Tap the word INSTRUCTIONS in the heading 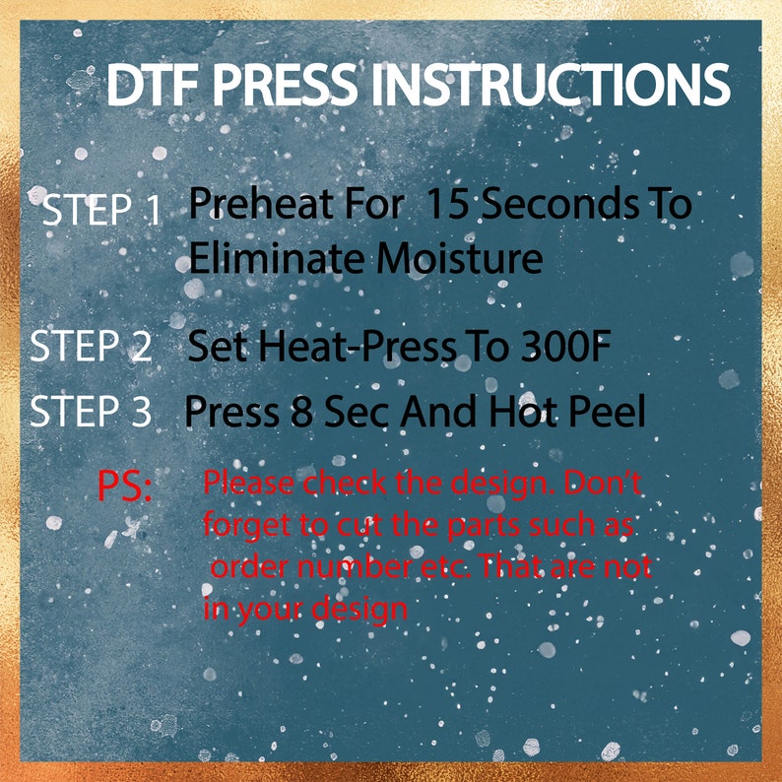tap(551, 87)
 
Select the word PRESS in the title tap(287, 87)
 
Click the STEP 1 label tap(101, 212)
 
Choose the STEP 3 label tap(91, 412)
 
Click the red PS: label tap(125, 487)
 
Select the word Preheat tap(251, 206)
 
